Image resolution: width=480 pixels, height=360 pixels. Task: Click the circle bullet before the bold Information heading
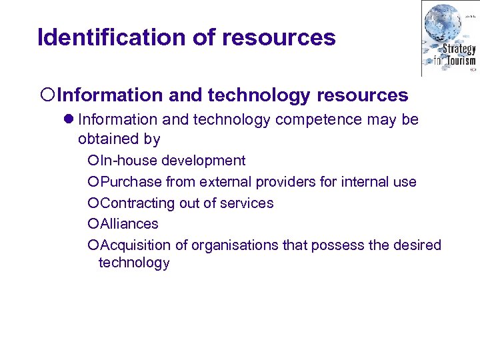[42, 96]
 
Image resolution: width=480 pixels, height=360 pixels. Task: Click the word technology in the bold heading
[259, 96]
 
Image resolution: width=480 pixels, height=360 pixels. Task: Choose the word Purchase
[131, 181]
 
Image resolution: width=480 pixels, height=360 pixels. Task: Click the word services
[249, 203]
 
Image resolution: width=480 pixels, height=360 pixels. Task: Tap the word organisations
[235, 245]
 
